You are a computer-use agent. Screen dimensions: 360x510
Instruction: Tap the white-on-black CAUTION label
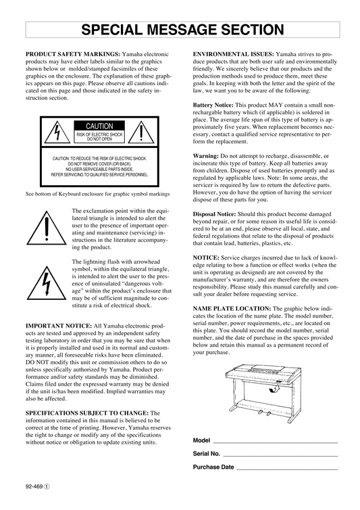[x=99, y=126]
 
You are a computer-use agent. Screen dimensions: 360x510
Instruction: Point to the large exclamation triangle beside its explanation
[x=47, y=228]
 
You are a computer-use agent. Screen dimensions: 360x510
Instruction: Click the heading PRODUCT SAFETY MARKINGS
[x=73, y=54]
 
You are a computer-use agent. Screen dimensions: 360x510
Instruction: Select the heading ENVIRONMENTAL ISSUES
[x=234, y=54]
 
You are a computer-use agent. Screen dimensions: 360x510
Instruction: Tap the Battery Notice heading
[x=213, y=105]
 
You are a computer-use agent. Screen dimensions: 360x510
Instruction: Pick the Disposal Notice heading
[x=214, y=214]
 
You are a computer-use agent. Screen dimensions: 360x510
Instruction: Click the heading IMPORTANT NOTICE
[x=59, y=326]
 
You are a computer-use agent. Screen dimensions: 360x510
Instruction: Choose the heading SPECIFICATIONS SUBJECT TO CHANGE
[x=87, y=413]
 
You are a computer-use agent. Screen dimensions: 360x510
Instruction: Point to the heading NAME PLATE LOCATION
[x=232, y=308]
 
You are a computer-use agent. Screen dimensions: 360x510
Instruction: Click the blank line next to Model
[x=275, y=442]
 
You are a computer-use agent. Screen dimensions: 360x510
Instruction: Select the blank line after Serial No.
[x=280, y=456]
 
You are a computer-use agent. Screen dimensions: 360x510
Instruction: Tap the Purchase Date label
[x=213, y=467]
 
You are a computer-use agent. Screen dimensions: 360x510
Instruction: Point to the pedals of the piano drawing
[x=265, y=413]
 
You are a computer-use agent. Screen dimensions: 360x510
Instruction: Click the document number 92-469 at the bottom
[x=34, y=486]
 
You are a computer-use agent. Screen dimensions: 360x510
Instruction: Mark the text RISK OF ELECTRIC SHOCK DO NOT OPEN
[x=99, y=137]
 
